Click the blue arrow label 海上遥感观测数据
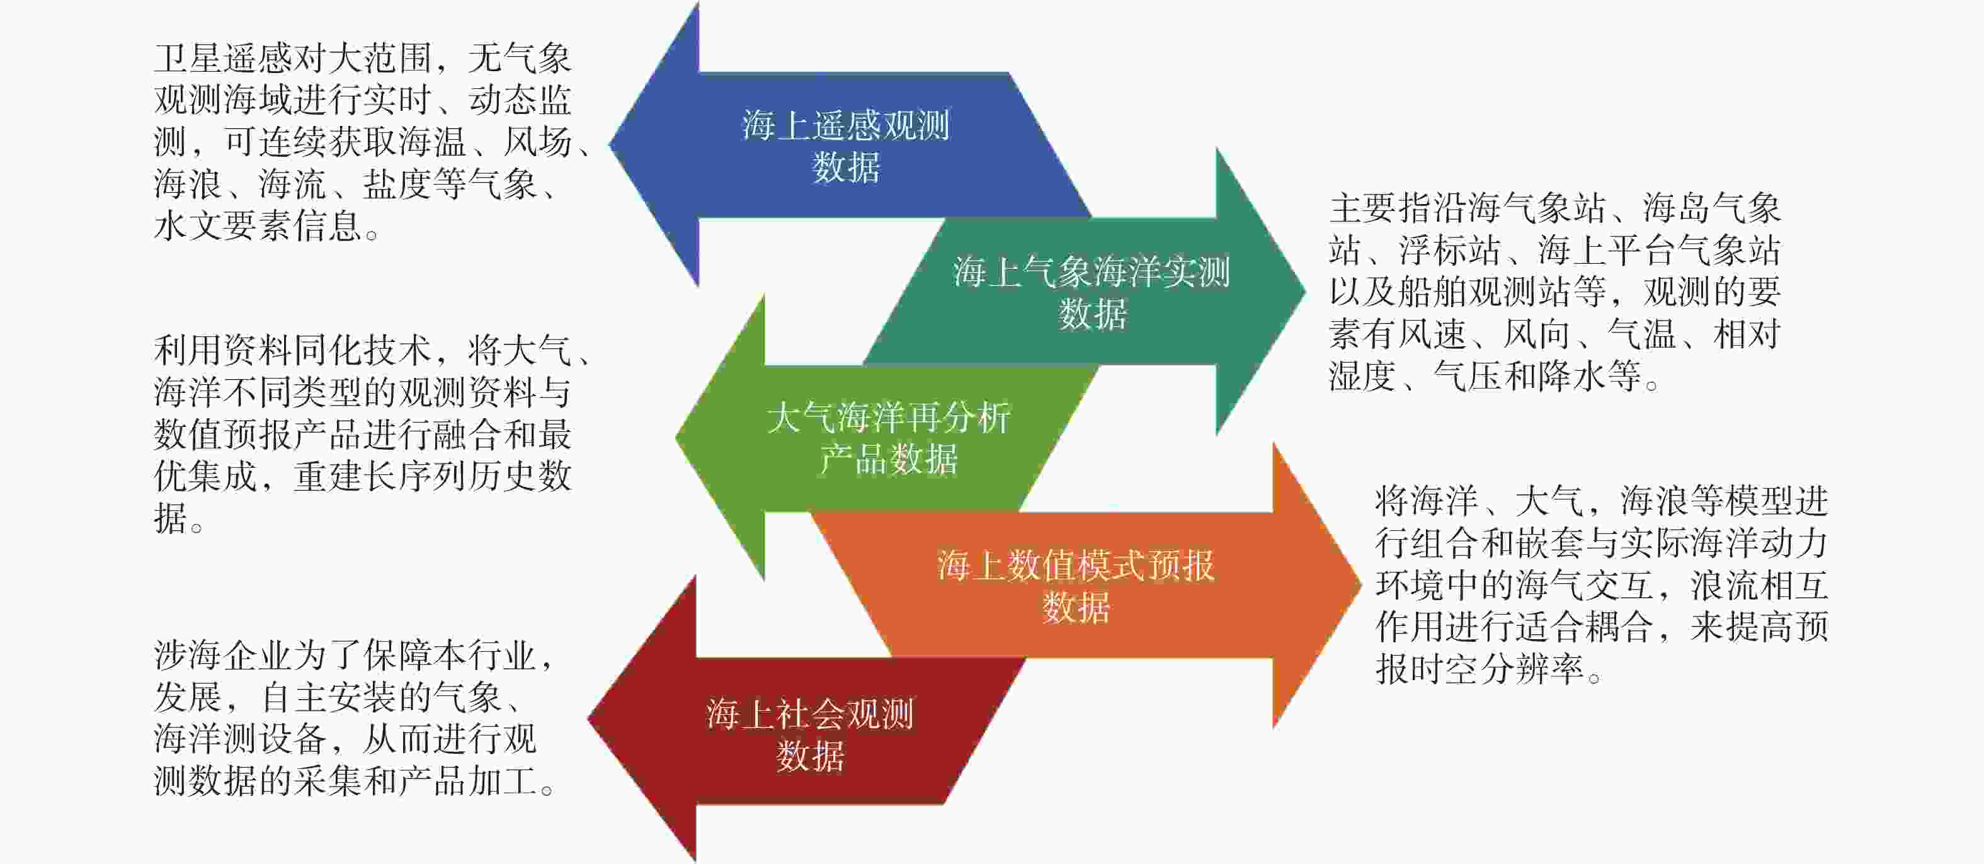pos(846,145)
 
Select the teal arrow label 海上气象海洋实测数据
pos(1092,293)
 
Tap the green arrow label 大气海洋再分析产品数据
pos(888,438)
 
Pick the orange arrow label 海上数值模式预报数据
pos(1075,586)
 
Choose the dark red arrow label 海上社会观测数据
pos(809,735)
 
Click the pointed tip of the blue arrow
pos(610,143)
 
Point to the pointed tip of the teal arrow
pos(1306,291)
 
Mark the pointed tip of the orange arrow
pos(1361,584)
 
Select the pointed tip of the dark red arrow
pos(588,719)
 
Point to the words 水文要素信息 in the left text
pos(258,225)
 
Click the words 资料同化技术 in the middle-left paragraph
pos(328,350)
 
